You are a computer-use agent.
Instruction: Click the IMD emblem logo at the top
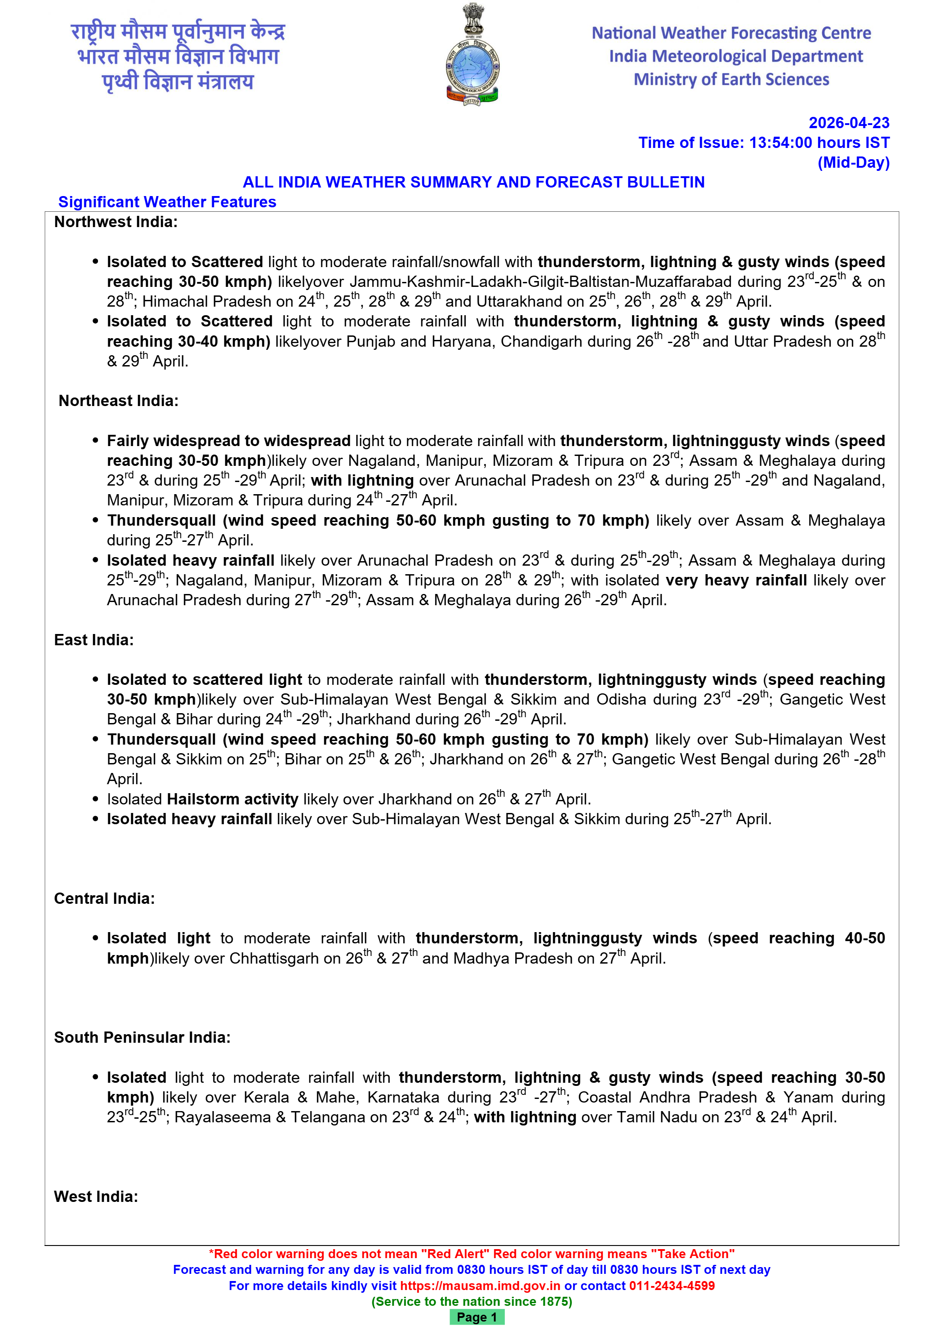coord(472,55)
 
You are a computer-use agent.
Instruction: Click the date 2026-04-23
coord(849,123)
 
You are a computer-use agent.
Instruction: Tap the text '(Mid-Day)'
coord(853,162)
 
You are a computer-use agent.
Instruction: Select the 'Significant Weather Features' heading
coord(167,202)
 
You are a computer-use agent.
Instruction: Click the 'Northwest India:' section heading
coord(116,222)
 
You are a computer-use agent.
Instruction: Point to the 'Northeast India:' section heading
coord(119,401)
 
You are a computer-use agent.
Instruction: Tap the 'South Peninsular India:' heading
coord(142,1037)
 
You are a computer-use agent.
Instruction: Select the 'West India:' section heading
coord(96,1197)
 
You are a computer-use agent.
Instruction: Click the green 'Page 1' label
coord(476,1317)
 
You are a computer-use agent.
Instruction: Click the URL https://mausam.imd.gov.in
coord(480,1286)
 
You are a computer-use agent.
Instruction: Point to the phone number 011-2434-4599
coord(672,1286)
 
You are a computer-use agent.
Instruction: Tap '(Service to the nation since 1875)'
coord(472,1301)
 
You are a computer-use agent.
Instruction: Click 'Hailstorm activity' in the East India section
coord(232,799)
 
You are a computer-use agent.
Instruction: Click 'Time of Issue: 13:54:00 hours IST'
coord(764,143)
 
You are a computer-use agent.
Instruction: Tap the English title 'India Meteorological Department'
coord(736,56)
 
